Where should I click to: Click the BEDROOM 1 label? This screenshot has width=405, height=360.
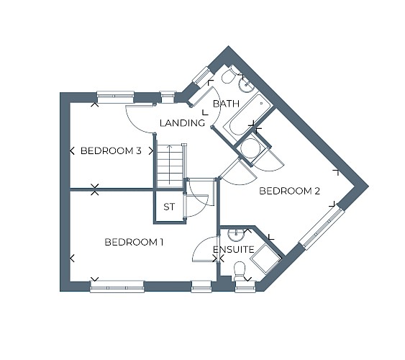click(x=134, y=242)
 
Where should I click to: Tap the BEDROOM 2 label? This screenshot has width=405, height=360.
click(x=290, y=191)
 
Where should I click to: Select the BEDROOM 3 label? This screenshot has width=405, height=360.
click(x=111, y=150)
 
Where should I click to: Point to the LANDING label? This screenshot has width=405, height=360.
click(x=182, y=123)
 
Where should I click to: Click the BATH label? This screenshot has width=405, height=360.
click(x=227, y=104)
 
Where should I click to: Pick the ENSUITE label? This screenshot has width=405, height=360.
click(x=234, y=250)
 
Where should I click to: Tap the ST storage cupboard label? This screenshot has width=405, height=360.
click(x=169, y=207)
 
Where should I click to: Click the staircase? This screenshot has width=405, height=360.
click(x=170, y=166)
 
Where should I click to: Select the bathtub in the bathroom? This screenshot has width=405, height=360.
click(x=247, y=115)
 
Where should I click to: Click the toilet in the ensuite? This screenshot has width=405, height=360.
click(x=239, y=271)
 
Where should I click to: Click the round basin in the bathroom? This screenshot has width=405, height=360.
click(x=246, y=84)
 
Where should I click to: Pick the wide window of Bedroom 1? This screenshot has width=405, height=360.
click(x=117, y=287)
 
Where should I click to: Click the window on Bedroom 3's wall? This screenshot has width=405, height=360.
click(x=115, y=97)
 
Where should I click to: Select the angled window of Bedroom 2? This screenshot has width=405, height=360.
click(x=322, y=227)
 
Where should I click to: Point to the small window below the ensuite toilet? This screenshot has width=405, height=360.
click(x=245, y=287)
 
